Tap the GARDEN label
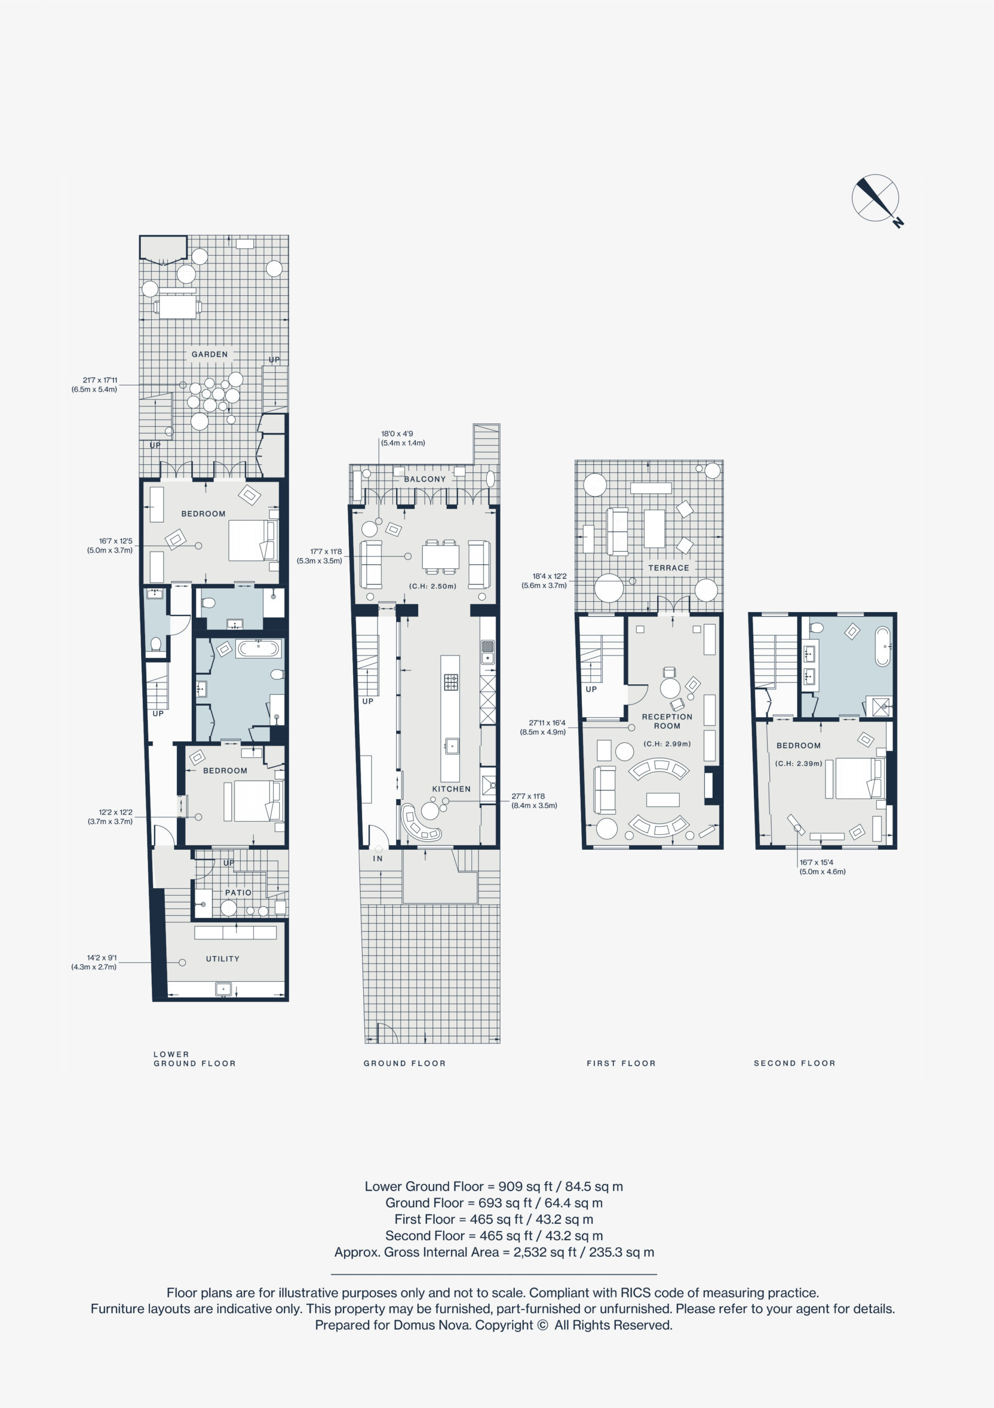click(209, 354)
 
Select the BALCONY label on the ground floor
click(425, 479)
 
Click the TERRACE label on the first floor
click(669, 568)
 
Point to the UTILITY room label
click(223, 959)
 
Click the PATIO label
click(238, 892)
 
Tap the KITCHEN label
click(451, 789)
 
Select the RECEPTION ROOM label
click(667, 721)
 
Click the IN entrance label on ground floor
click(377, 859)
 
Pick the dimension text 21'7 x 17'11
click(100, 380)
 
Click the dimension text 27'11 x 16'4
click(547, 723)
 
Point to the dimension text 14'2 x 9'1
click(101, 957)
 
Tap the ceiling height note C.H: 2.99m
click(667, 744)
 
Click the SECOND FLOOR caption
click(794, 1063)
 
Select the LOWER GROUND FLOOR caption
click(195, 1059)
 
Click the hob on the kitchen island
click(451, 682)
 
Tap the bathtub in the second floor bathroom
click(882, 646)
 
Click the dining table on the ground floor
click(441, 557)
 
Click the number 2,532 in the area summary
click(530, 1252)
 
